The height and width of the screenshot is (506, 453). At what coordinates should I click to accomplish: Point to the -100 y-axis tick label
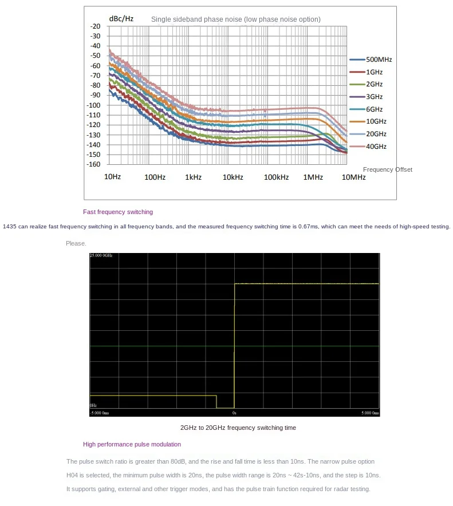[94, 105]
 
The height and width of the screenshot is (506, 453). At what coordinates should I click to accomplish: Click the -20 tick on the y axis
[96, 26]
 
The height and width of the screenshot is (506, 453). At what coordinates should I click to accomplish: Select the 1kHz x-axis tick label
[193, 177]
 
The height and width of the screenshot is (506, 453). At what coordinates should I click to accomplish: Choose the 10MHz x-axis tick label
[353, 177]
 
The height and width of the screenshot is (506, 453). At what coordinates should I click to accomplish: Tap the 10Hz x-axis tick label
[112, 177]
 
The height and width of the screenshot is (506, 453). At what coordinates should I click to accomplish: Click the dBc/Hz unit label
[121, 18]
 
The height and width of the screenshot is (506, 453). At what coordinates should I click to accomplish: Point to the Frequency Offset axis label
[387, 169]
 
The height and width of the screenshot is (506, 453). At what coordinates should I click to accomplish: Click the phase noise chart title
[235, 19]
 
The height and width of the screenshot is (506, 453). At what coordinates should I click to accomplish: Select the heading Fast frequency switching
[118, 212]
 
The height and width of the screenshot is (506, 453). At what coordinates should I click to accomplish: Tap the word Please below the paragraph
[76, 243]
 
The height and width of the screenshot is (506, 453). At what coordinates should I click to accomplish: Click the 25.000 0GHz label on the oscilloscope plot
[101, 255]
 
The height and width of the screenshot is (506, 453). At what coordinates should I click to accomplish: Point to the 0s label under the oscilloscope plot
[234, 412]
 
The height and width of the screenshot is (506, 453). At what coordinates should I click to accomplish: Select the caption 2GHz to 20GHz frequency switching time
[238, 428]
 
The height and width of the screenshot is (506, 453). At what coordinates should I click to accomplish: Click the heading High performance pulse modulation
[132, 444]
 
